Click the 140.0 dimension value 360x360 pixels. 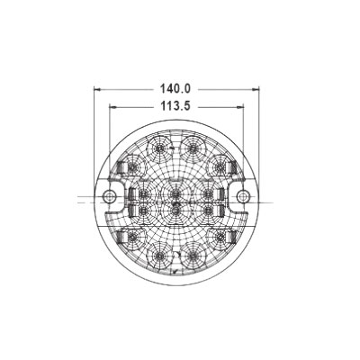[x=175, y=89]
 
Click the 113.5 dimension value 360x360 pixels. [x=175, y=106]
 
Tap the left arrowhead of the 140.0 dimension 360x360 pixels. [x=97, y=89]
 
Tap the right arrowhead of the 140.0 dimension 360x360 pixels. [x=256, y=89]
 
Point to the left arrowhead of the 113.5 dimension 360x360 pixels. [x=112, y=106]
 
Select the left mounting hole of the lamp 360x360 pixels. [x=110, y=196]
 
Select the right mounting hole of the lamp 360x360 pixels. [x=243, y=196]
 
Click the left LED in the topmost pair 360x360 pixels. [x=159, y=148]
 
